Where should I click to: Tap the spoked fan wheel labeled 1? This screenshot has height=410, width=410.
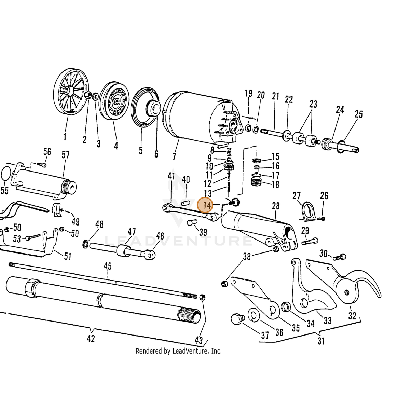tap(71, 92)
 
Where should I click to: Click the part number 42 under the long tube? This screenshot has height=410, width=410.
tap(91, 338)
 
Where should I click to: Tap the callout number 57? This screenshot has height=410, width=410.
tap(66, 155)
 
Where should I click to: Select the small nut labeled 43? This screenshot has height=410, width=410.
tap(203, 297)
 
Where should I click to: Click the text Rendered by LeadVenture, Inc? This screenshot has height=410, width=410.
tap(178, 357)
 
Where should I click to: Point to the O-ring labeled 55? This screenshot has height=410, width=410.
tap(5, 174)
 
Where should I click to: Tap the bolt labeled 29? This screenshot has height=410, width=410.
tap(310, 241)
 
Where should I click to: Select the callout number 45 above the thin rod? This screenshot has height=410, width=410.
tap(108, 266)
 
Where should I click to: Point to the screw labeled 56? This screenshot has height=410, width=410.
tap(42, 164)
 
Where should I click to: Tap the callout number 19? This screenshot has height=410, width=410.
tap(248, 93)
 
